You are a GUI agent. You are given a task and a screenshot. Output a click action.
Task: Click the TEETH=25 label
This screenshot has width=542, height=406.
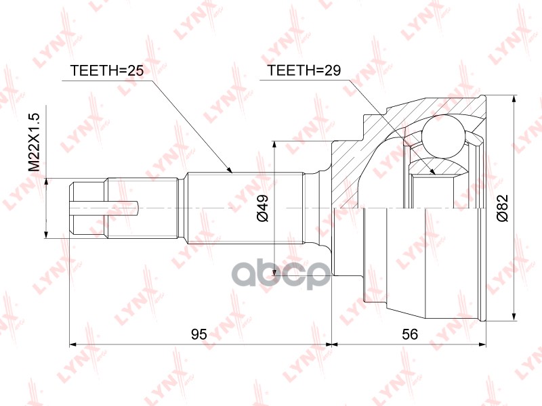(106, 70)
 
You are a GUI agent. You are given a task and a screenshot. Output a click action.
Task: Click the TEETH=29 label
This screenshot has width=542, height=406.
(304, 70)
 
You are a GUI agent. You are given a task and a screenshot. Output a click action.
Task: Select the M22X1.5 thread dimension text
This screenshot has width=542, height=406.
(35, 143)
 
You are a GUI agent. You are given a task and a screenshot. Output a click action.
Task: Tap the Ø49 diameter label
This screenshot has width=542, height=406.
(262, 208)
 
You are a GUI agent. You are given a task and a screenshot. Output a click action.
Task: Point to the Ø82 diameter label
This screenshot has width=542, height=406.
(502, 208)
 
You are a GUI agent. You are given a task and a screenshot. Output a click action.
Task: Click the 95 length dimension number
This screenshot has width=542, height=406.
(199, 334)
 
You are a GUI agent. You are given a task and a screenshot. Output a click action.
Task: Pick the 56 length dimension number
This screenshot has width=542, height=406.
(410, 334)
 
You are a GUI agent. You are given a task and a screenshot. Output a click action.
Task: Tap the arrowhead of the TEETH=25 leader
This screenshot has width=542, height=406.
(230, 169)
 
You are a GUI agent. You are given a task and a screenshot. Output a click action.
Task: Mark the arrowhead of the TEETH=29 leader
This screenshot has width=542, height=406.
(432, 171)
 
